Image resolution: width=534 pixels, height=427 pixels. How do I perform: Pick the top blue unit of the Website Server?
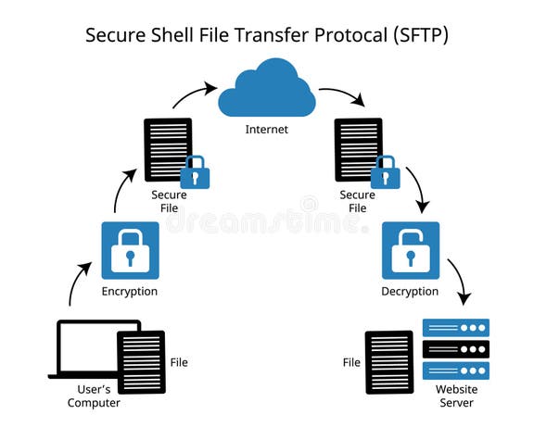click(455, 327)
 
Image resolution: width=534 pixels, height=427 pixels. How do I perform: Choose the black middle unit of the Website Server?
click(455, 348)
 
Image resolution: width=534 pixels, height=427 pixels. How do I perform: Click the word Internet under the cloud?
click(266, 130)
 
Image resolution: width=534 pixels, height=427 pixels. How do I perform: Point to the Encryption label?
click(130, 292)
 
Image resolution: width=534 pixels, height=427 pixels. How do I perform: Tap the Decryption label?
click(410, 292)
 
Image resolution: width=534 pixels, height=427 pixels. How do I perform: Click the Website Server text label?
click(455, 396)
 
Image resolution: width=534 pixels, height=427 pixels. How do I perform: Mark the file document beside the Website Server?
click(388, 362)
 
